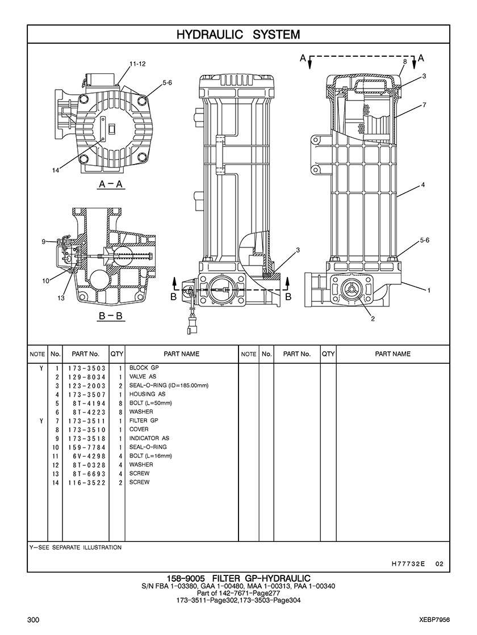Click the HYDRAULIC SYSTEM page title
point(238,35)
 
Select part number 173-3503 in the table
point(87,368)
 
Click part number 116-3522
point(87,482)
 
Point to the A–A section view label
point(111,184)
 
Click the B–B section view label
point(111,316)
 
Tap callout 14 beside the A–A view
point(56,170)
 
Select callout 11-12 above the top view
point(138,64)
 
